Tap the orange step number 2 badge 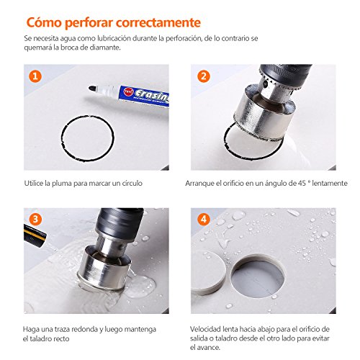(203, 76)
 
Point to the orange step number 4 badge (203, 220)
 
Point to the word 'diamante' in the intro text (96, 48)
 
